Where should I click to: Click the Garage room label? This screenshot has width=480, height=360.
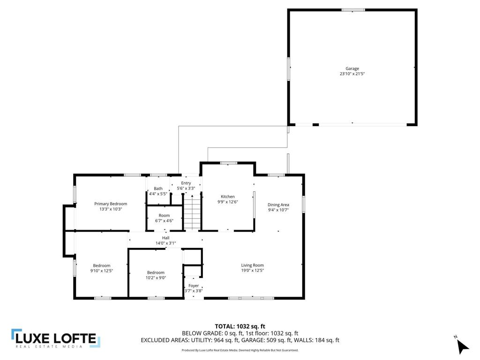pos(352,68)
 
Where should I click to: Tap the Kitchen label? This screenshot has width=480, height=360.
pos(228,196)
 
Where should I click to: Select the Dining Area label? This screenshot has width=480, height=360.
pos(278,204)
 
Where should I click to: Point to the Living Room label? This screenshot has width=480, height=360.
pos(252,265)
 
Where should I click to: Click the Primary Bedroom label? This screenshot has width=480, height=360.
pos(111,204)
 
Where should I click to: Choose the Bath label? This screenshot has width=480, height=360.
pos(158,188)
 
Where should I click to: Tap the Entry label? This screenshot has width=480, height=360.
pos(186,183)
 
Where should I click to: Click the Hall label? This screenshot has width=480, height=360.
pos(165,238)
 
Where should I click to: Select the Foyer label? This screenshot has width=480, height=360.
pos(194,285)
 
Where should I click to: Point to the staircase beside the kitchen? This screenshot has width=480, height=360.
pos(191,213)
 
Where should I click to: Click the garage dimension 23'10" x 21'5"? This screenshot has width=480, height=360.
pos(352,74)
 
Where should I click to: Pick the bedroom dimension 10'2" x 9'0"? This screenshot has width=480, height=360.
pos(156,277)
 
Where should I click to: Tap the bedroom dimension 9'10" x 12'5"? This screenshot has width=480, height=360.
pos(102,270)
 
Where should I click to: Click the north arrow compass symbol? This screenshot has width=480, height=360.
pos(462,345)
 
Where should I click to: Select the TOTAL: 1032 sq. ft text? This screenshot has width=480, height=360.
pos(240,326)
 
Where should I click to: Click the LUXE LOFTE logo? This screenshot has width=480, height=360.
pos(55,339)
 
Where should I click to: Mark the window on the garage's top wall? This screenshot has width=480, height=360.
pos(353,10)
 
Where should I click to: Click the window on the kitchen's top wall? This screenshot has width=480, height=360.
pos(228,163)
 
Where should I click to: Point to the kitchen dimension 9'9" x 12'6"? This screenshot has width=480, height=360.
pos(228,202)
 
